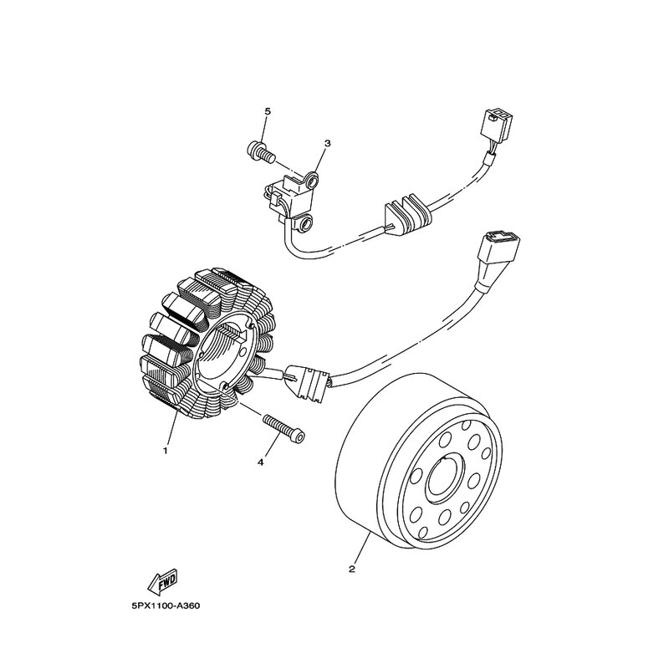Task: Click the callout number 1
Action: click(x=166, y=451)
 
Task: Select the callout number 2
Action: click(x=352, y=569)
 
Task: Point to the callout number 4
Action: click(x=261, y=461)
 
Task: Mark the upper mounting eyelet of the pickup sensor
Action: click(x=311, y=179)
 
